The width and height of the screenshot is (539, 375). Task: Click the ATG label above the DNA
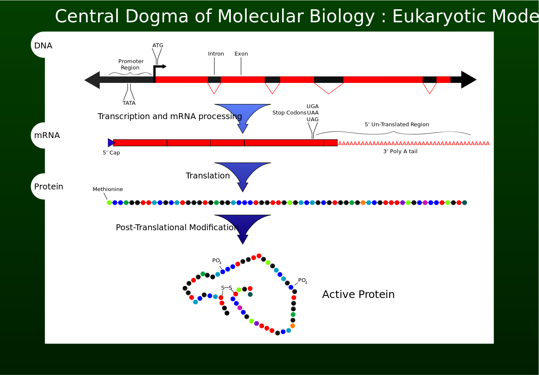[x=158, y=45]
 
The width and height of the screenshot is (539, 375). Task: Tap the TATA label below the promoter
[x=129, y=103]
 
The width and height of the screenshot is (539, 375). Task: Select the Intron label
[x=216, y=53]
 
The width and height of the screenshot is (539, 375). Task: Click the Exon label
[x=241, y=53]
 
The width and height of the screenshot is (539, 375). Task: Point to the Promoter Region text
[x=131, y=64]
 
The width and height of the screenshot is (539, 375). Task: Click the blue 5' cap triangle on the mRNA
[x=111, y=143]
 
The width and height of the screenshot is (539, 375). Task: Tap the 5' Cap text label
[x=111, y=152]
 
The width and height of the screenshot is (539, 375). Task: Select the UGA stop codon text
[x=312, y=106]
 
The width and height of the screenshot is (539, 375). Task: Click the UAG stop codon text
[x=312, y=119]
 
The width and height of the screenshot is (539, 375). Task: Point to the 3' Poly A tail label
[x=400, y=151]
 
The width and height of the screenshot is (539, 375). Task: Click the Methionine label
[x=107, y=189]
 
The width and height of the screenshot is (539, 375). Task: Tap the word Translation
[x=208, y=176]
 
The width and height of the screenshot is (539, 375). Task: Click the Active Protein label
[x=358, y=294]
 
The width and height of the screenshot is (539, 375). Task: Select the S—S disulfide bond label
[x=227, y=288]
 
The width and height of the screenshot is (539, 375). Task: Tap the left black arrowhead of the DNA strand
[x=92, y=80]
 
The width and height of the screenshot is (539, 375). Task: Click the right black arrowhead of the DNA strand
[x=469, y=80]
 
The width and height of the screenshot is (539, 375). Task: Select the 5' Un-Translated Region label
[x=397, y=124]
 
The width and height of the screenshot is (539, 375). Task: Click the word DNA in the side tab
[x=43, y=45]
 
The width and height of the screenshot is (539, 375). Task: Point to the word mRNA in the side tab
[x=47, y=135]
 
